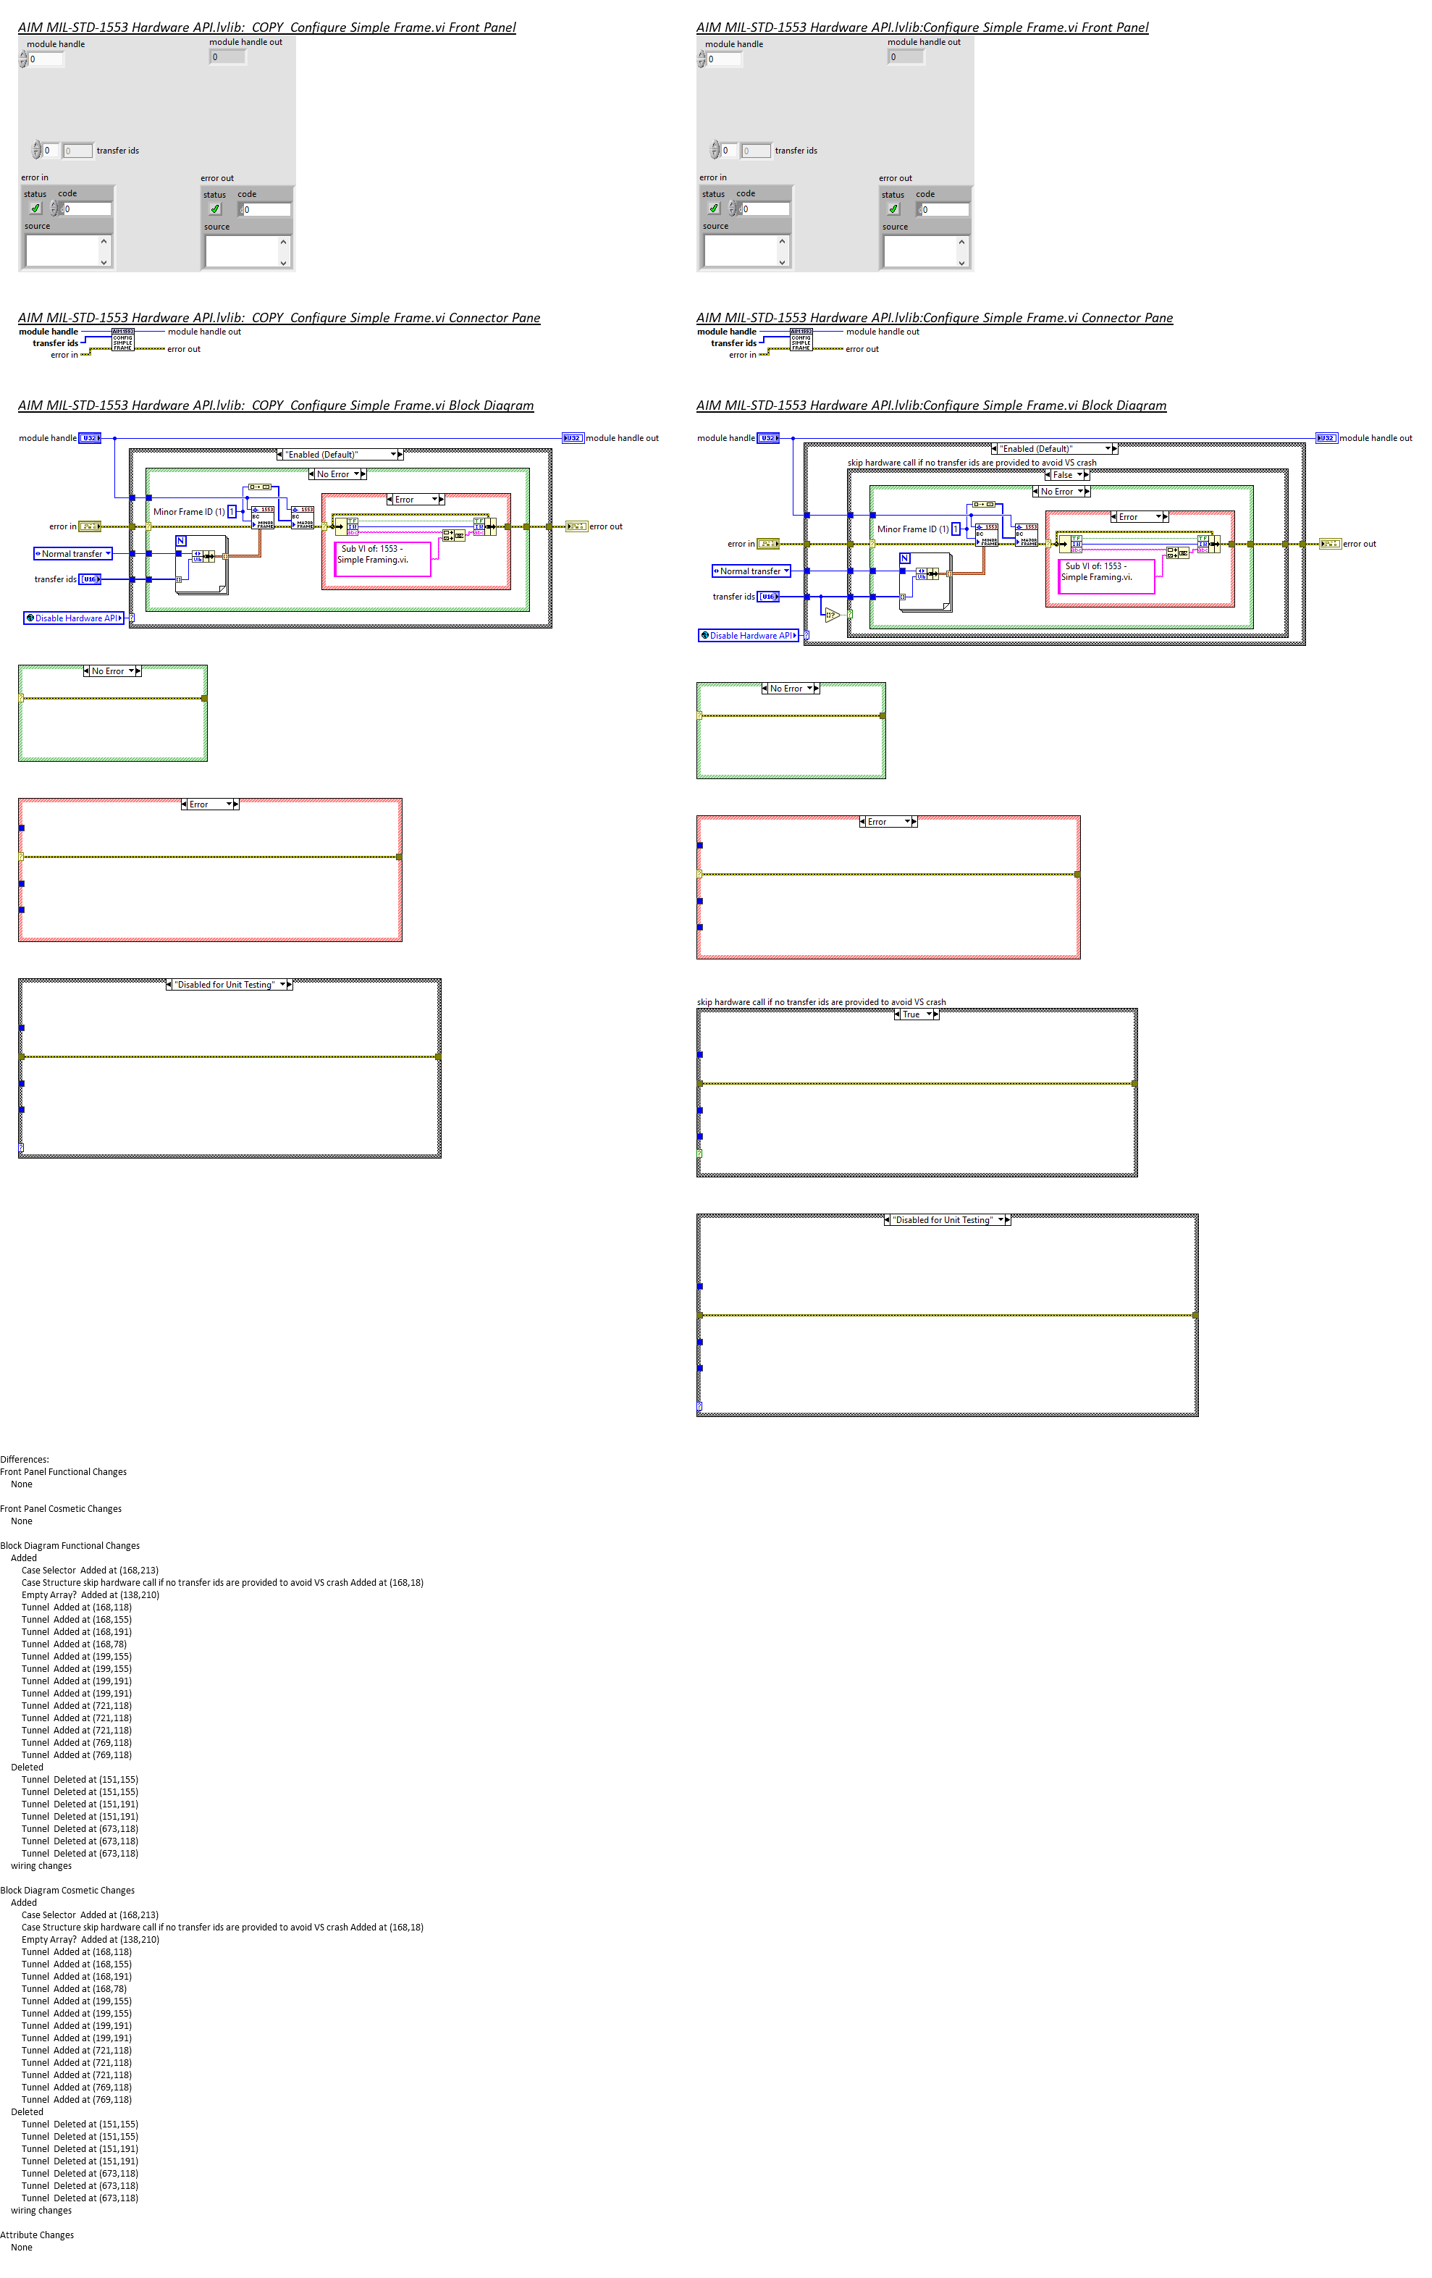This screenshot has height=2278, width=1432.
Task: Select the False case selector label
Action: [1062, 475]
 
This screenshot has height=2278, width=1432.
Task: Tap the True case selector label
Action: [911, 1014]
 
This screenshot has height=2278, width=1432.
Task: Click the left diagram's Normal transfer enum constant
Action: [73, 553]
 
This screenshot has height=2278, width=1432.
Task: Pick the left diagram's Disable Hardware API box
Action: [74, 618]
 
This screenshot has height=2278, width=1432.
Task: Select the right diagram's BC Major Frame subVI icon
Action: [1027, 534]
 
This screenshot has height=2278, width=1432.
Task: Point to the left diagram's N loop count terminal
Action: [181, 540]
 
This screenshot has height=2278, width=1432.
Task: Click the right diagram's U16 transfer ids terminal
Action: [769, 596]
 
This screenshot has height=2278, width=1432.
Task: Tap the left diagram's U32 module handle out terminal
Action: [572, 438]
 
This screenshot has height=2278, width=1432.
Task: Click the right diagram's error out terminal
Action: [1329, 544]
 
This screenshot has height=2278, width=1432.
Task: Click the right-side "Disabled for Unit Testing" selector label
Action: [943, 1220]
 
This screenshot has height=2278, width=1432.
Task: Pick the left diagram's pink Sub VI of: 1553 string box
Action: [383, 558]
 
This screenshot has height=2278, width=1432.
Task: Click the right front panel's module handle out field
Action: [905, 56]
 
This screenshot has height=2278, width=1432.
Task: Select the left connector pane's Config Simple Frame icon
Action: [123, 340]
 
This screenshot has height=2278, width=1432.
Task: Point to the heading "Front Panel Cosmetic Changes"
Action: [61, 1509]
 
